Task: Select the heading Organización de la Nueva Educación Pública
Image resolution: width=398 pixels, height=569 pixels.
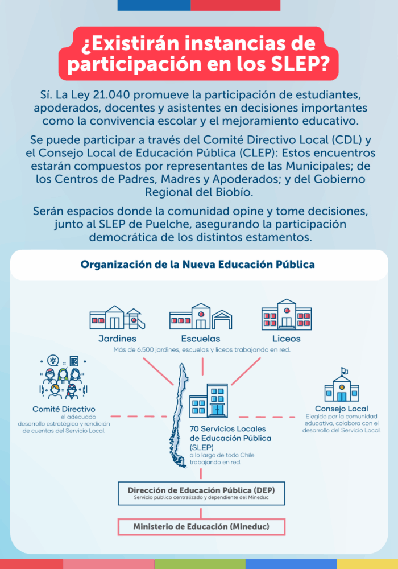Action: [198, 265]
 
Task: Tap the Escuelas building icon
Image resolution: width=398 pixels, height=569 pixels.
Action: [200, 316]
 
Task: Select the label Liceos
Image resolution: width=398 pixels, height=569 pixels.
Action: [287, 339]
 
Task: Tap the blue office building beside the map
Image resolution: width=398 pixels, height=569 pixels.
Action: [208, 402]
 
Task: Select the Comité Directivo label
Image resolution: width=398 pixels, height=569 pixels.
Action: [64, 409]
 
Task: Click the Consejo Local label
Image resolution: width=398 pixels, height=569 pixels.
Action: [341, 409]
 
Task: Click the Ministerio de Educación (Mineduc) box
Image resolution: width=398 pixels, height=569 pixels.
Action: [201, 527]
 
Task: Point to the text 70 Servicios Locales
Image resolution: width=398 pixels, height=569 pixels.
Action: [226, 430]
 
